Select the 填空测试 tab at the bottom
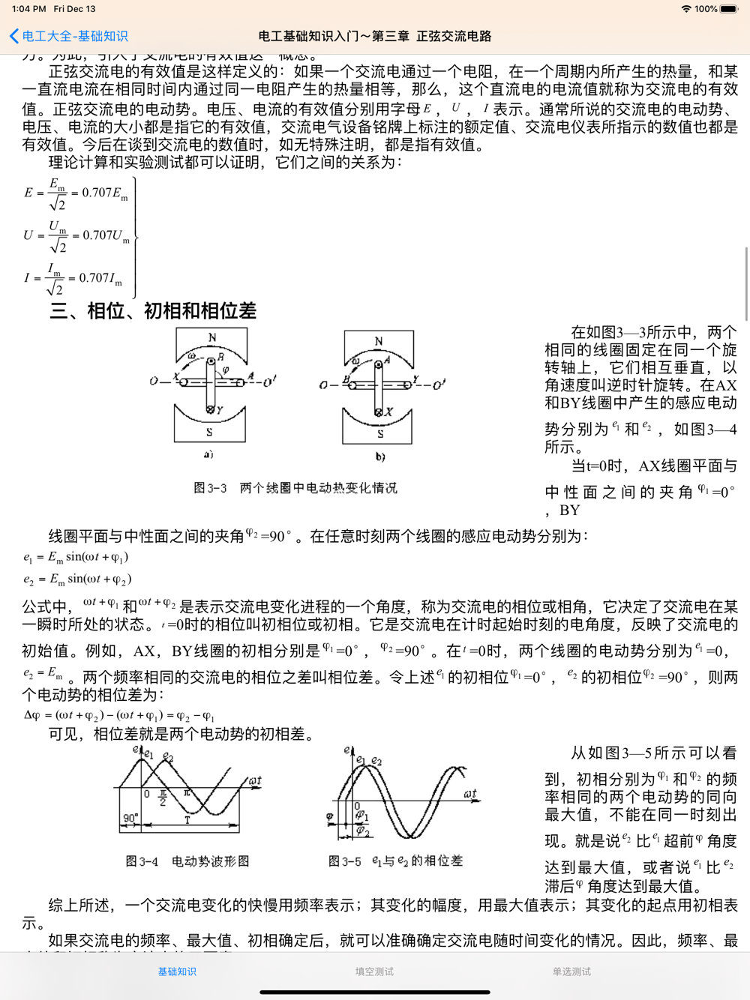[374, 972]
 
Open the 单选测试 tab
[571, 972]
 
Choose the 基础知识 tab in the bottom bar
[177, 972]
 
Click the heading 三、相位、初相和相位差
[153, 310]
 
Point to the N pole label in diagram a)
[212, 337]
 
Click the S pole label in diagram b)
[380, 434]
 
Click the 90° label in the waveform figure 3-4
[130, 818]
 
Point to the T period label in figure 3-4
[187, 820]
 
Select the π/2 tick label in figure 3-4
[163, 797]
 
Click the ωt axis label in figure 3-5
[470, 793]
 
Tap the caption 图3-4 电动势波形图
[187, 861]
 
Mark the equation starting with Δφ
[120, 715]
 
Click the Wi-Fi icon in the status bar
[685, 9]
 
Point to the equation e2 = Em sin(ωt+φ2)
[77, 579]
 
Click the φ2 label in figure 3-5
[363, 831]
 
